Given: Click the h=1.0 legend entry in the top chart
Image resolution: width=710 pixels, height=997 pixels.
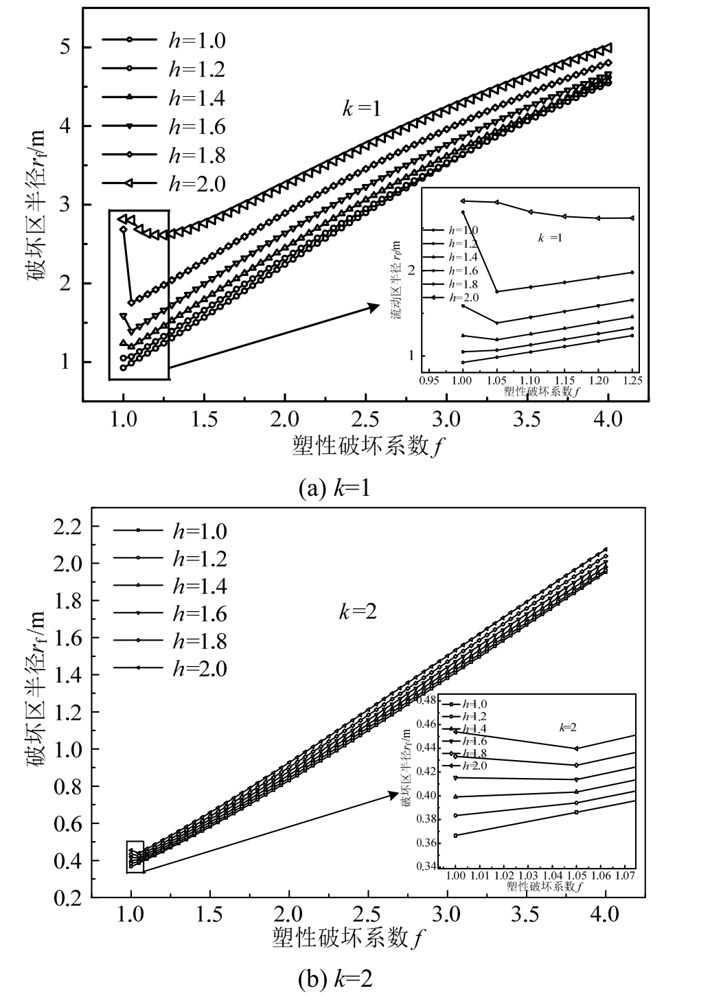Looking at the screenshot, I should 165,41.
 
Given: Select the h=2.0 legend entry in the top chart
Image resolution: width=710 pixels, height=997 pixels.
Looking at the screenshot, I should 165,183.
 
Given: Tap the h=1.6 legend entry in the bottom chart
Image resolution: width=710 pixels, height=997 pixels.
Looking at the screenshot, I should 172,613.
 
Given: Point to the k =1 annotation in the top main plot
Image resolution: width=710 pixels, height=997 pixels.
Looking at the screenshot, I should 361,108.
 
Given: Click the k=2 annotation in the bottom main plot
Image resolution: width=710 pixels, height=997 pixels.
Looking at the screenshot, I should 358,611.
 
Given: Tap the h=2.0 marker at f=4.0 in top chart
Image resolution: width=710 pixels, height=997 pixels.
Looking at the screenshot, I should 606,48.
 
